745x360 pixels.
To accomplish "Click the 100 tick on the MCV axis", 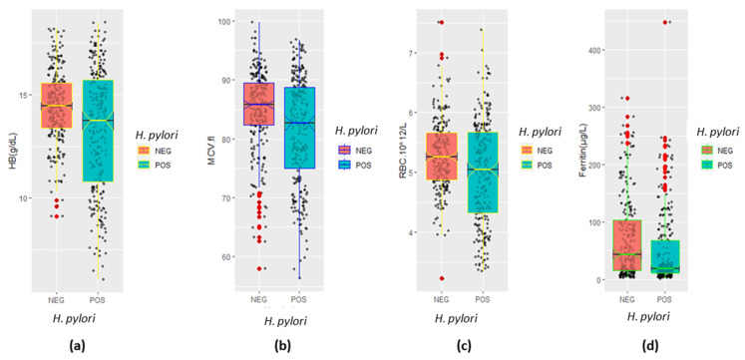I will pyautogui.click(x=225, y=21).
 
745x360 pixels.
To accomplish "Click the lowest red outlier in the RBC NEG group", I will pyautogui.click(x=441, y=278).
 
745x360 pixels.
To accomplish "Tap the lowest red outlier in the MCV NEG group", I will pyautogui.click(x=259, y=269).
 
